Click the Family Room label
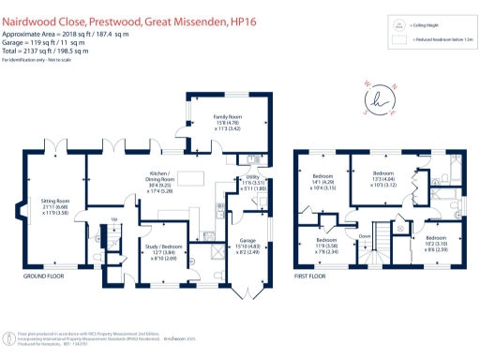point(216,117)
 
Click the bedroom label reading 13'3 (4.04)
point(383,176)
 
